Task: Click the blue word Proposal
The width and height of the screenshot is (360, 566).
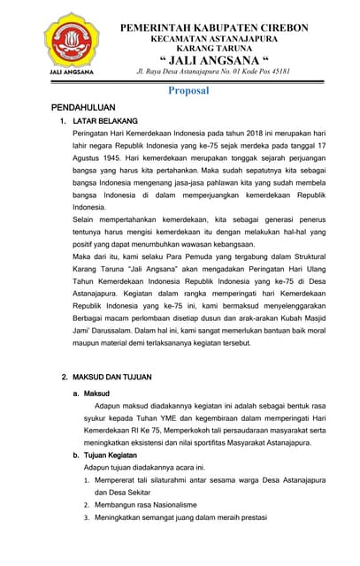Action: coord(188,90)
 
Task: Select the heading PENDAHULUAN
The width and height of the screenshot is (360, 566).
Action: coord(88,107)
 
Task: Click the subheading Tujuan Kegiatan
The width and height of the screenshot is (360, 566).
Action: coord(116,455)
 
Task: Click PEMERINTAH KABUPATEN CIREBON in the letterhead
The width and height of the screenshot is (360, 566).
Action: coord(214,28)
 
